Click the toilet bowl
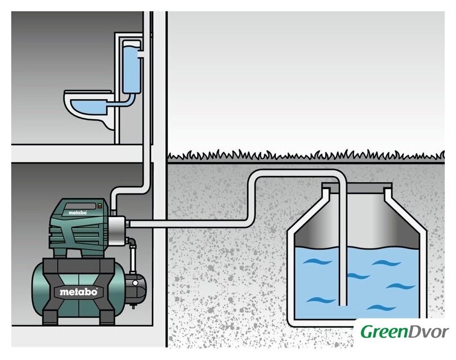click(x=87, y=110)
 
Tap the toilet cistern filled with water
click(x=131, y=66)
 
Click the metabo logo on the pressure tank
click(x=78, y=291)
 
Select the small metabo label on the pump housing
click(x=78, y=213)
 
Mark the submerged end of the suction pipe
click(x=343, y=304)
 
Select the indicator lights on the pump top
click(x=99, y=206)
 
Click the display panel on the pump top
click(x=81, y=206)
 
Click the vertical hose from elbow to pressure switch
click(x=133, y=259)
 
